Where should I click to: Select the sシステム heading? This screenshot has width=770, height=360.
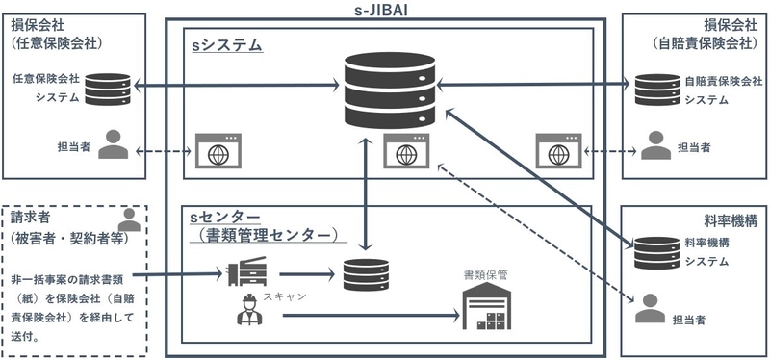click(x=226, y=44)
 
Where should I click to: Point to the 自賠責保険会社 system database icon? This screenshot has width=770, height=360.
click(x=654, y=90)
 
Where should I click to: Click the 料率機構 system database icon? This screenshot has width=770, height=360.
click(x=654, y=252)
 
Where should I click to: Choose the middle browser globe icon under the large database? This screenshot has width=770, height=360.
click(x=399, y=151)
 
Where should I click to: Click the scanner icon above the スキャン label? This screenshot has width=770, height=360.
click(x=240, y=275)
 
